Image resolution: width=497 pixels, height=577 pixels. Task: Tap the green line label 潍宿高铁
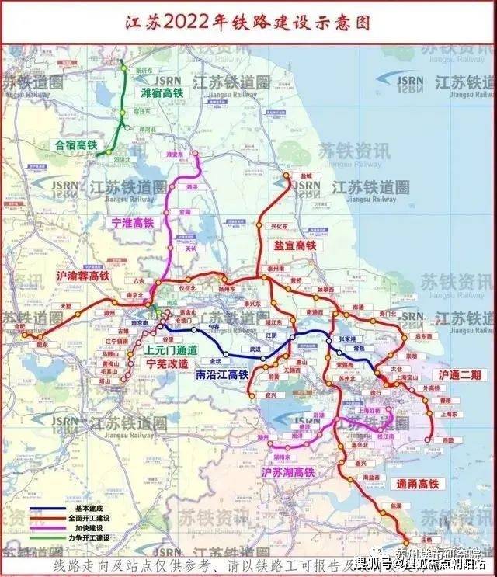pos(167,93)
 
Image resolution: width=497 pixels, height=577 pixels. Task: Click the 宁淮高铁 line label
pos(133,223)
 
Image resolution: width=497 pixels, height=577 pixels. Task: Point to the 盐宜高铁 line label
pos(295,245)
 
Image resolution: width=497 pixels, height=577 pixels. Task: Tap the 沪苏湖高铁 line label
pos(288,471)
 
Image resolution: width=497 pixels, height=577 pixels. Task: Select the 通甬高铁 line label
pos(422,483)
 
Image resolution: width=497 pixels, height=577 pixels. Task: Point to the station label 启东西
pos(425,338)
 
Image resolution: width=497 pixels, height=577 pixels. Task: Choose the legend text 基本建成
pos(78,509)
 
